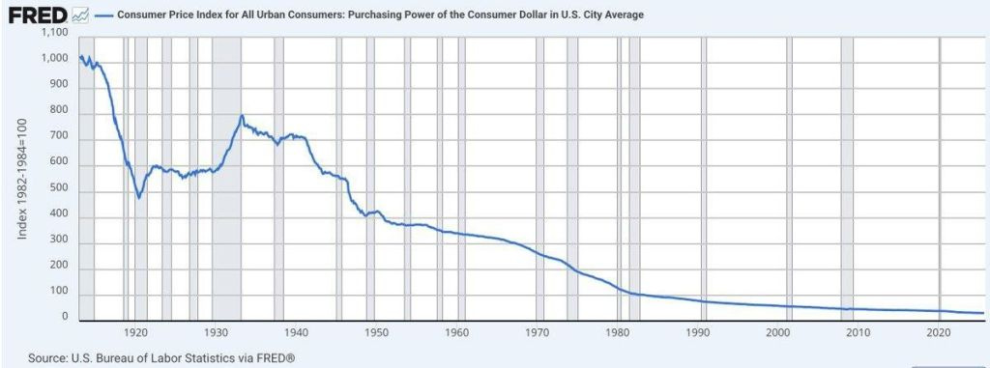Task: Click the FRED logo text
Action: pyautogui.click(x=36, y=15)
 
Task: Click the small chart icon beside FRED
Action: pyautogui.click(x=80, y=15)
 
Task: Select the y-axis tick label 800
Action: pyautogui.click(x=61, y=111)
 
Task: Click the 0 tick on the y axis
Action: pyautogui.click(x=68, y=317)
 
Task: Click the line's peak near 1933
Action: pyautogui.click(x=242, y=117)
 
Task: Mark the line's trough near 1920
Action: pyautogui.click(x=139, y=197)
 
